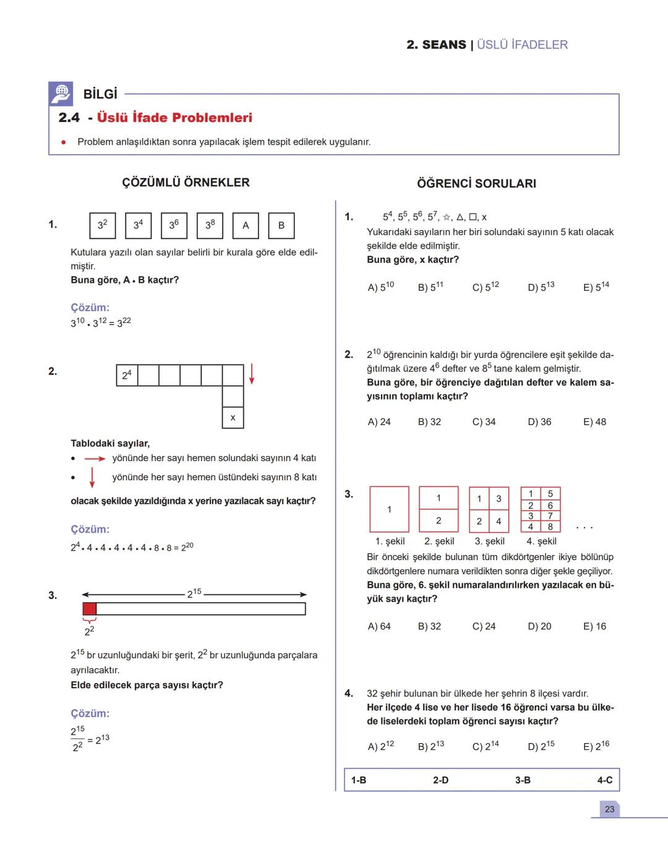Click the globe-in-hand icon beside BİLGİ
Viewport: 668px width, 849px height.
click(61, 93)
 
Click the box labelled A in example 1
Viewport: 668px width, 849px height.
click(246, 225)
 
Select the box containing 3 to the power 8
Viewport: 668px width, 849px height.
click(210, 225)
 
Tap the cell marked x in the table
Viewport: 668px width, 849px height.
click(233, 418)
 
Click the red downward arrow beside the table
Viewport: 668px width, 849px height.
click(252, 374)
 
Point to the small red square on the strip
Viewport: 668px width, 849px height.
click(90, 609)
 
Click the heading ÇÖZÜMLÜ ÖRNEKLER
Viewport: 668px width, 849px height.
click(186, 183)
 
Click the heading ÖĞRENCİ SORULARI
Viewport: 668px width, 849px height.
click(476, 183)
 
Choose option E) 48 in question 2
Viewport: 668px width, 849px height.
click(594, 422)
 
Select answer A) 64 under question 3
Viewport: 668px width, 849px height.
click(379, 626)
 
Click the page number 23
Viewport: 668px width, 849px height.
click(609, 809)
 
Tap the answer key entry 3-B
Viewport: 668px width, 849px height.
click(523, 780)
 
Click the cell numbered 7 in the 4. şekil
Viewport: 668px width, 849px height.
click(550, 515)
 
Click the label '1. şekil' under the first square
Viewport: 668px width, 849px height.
click(390, 541)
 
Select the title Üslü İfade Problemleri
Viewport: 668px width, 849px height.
click(174, 118)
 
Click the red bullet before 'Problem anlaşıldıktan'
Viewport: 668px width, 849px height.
click(63, 142)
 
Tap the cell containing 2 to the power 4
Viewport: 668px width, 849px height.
click(127, 375)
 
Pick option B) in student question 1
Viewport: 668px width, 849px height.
click(430, 287)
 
